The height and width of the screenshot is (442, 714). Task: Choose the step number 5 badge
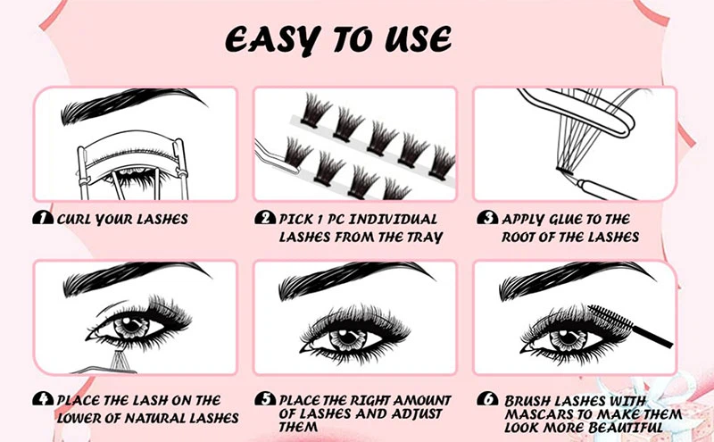point(263,400)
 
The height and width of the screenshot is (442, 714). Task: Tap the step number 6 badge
point(486,400)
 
